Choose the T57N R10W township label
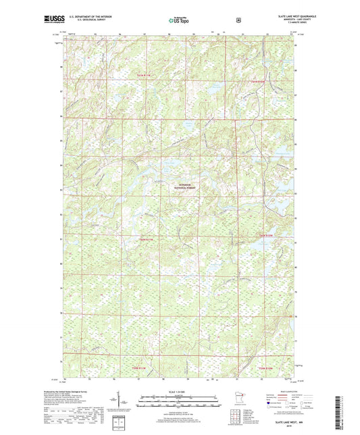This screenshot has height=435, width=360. [266, 368]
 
